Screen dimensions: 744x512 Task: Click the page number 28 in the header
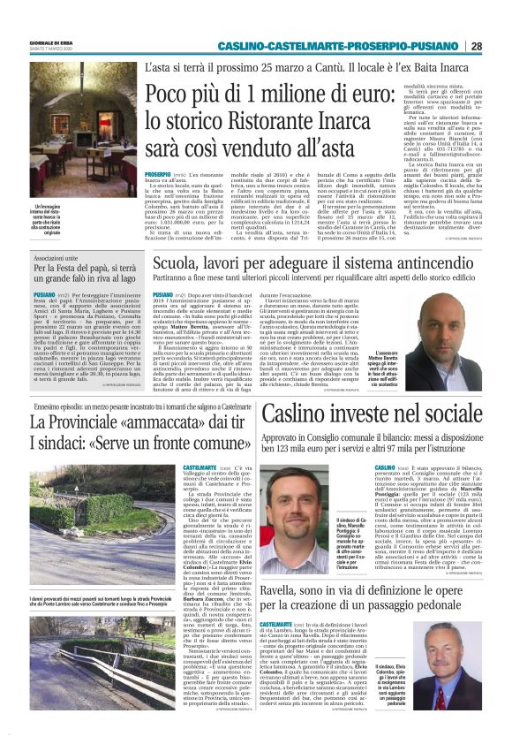pos(500,47)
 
